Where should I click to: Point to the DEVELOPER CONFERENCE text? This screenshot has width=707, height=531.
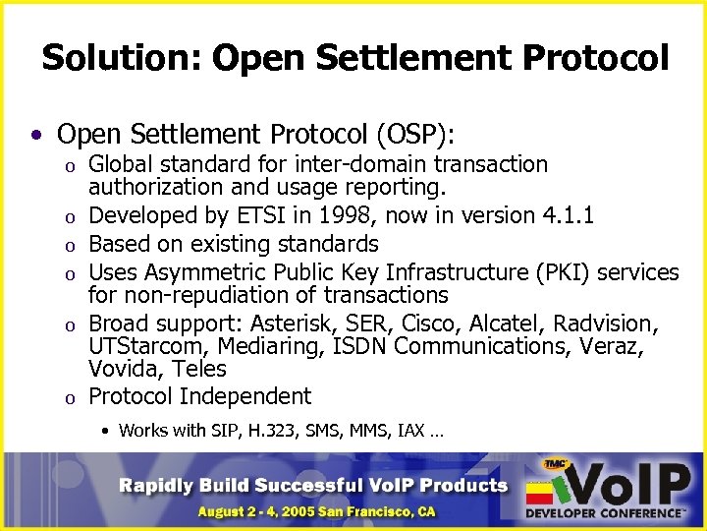(x=605, y=513)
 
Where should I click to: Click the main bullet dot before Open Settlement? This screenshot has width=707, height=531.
(x=35, y=134)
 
